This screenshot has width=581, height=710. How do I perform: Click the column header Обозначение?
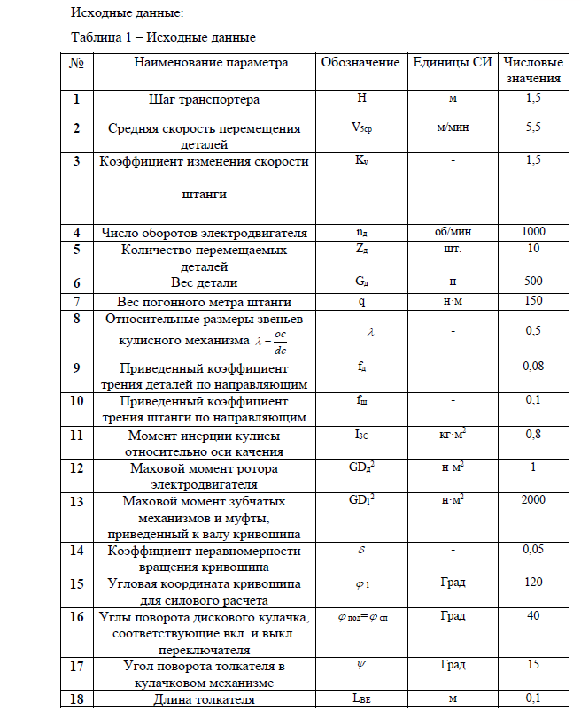coord(360,63)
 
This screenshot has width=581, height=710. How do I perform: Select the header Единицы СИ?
coord(453,63)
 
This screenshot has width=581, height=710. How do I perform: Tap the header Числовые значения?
coord(533,70)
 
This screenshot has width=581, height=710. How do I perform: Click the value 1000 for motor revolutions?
coord(533,232)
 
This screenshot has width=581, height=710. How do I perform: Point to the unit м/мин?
coord(453,127)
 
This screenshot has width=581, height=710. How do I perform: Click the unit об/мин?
coord(453,232)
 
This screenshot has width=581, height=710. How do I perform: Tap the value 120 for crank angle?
coord(533,583)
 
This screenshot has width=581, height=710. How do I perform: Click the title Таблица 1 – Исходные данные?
coord(163,38)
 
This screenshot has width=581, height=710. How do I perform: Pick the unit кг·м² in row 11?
coord(453,434)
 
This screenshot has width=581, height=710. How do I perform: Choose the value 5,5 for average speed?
coord(533,127)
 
